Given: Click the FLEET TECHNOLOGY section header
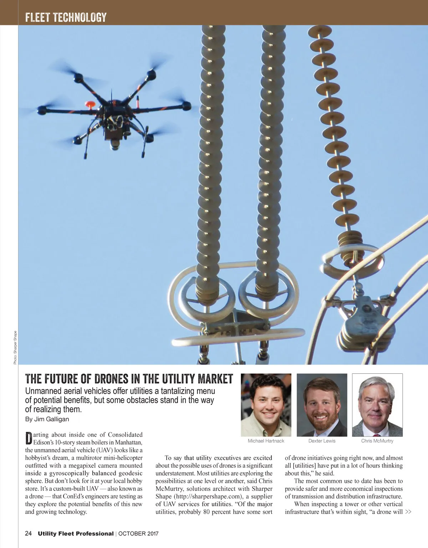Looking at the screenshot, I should coord(66,17).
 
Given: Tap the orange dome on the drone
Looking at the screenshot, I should coord(90,104).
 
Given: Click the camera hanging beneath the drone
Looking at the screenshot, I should coord(115,142).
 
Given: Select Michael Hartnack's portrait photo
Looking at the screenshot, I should coord(266,405).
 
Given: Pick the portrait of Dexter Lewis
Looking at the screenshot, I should coord(322,405).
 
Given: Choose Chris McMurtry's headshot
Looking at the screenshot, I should coord(377,405).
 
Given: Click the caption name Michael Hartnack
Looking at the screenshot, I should coord(266,441).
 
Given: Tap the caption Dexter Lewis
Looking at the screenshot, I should coord(322,441).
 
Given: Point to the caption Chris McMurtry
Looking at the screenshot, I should coord(377,441).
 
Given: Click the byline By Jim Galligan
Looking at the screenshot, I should coord(47,419).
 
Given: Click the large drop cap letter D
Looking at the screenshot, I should coord(29,438).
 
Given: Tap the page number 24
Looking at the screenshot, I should coord(29,534).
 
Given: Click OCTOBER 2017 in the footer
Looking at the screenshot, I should coord(138,534).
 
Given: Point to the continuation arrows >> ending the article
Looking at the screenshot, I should coord(408,512).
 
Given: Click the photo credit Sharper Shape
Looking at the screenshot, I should coord(15,347).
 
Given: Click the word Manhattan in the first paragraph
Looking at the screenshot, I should coord(129,442).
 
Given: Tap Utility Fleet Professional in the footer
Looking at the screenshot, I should coord(76,534).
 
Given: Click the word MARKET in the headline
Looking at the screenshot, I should coord(215,379).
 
